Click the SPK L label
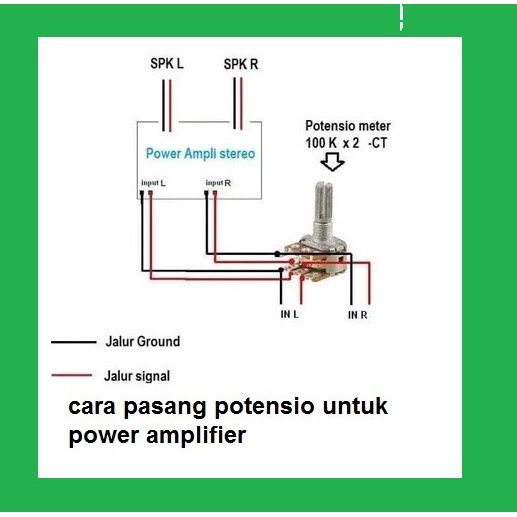coord(167,63)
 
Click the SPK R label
coord(241,64)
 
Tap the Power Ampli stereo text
coord(200,154)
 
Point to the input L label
coord(153,183)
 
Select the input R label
coord(218,183)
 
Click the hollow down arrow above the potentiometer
coord(332,162)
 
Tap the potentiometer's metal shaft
coord(323,209)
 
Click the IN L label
coord(289,314)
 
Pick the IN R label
coord(357,315)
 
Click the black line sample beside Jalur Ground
coord(74,342)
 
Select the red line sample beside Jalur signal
coord(72,375)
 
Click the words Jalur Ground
coord(143,341)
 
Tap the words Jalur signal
coord(137,376)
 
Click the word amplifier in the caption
coord(196,435)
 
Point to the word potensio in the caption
coord(264,407)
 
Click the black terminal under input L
coord(142,193)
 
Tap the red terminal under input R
coord(215,193)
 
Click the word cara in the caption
coord(92,407)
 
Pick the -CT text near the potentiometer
coord(378,143)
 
